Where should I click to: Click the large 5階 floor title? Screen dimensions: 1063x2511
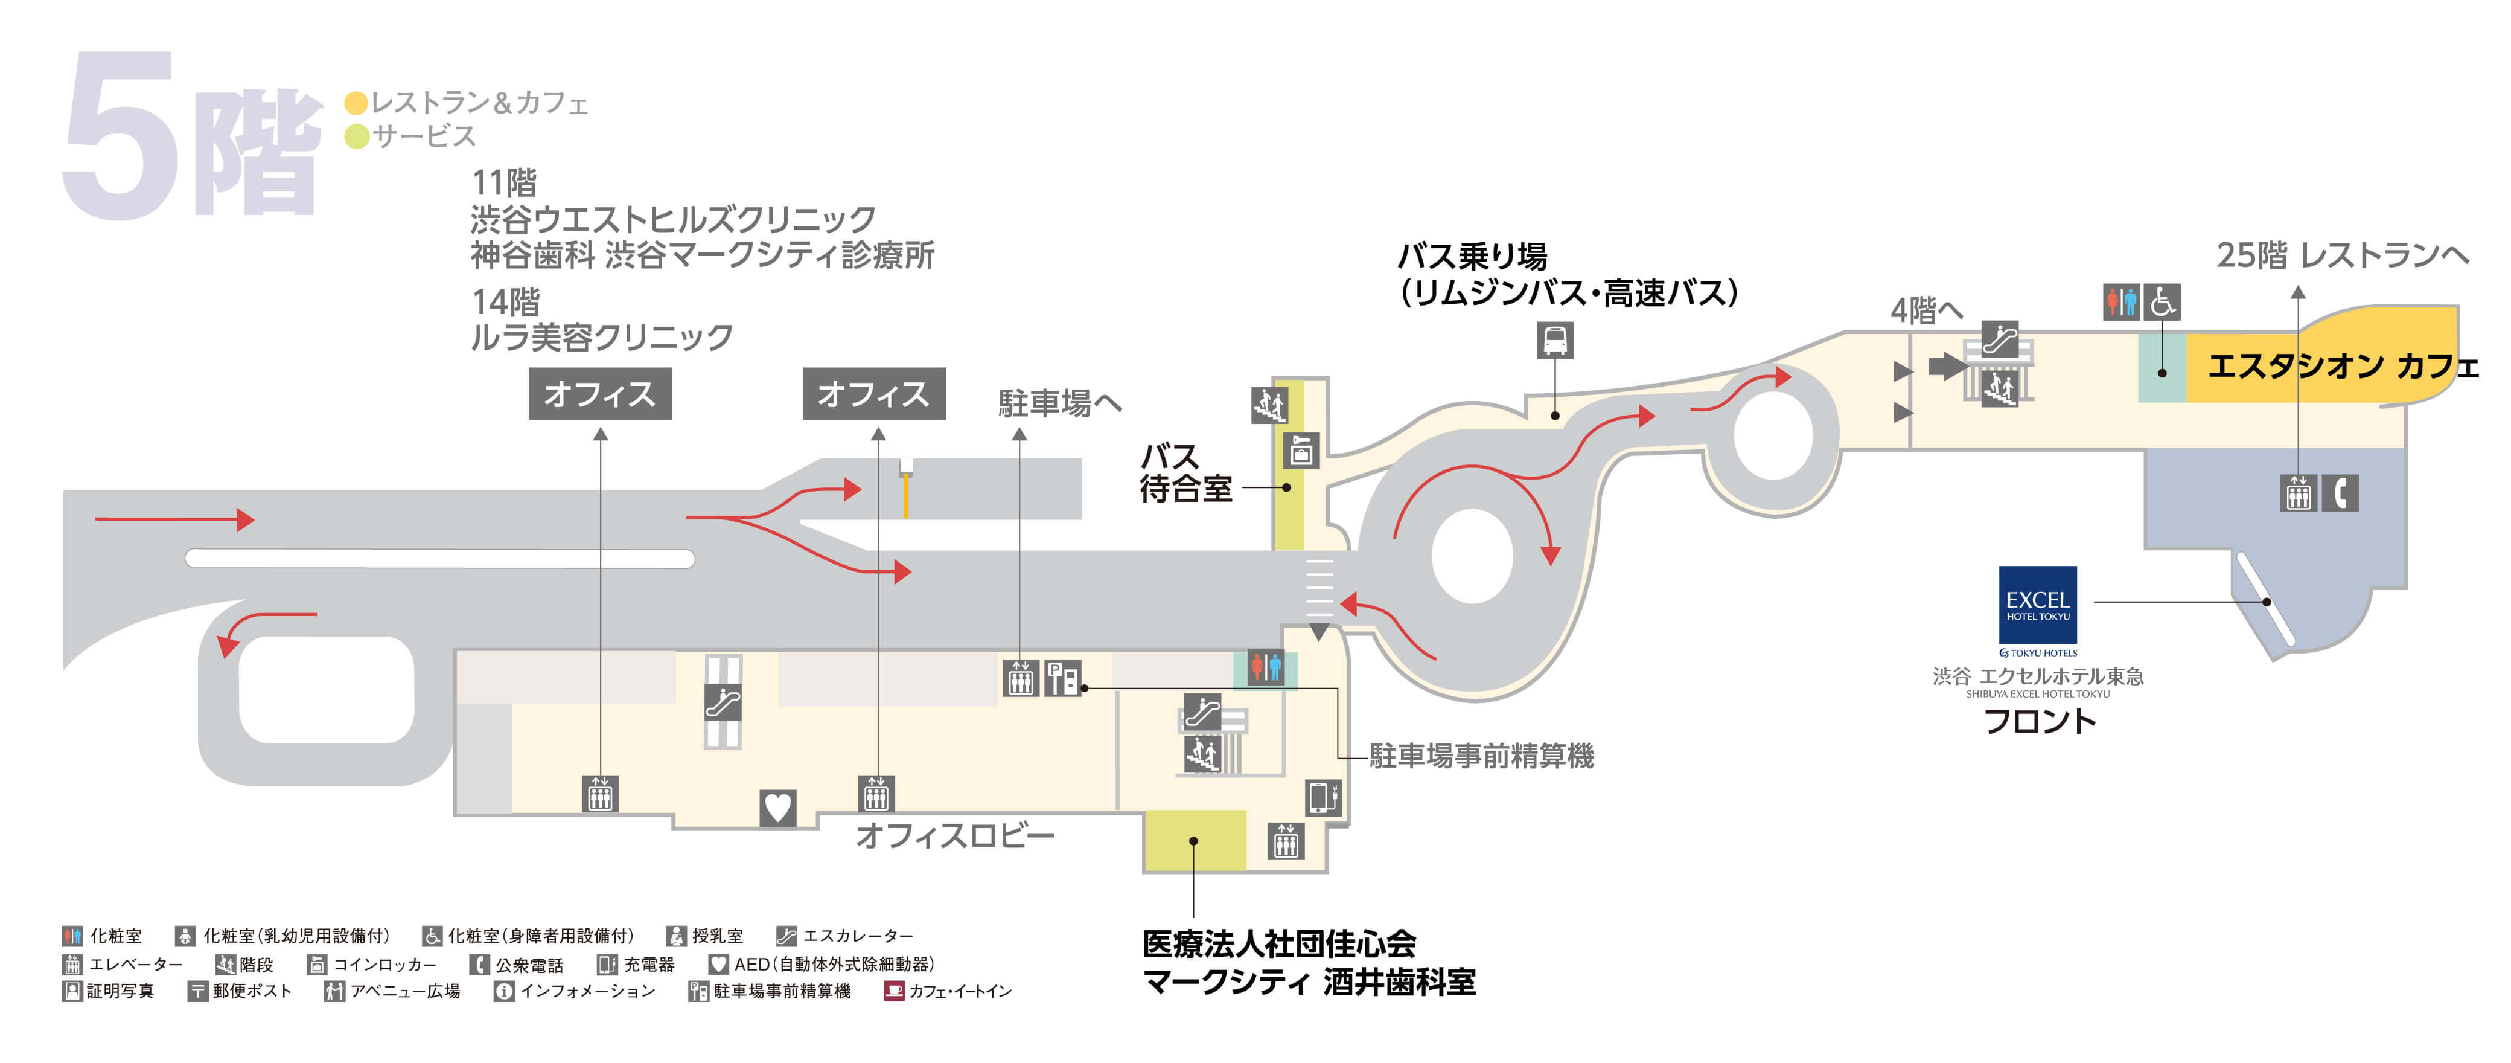pyautogui.click(x=190, y=136)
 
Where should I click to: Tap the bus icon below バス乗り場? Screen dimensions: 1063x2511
pyautogui.click(x=1555, y=341)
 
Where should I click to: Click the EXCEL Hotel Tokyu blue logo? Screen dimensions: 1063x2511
pyautogui.click(x=2037, y=605)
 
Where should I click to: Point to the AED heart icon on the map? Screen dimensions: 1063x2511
pyautogui.click(x=777, y=808)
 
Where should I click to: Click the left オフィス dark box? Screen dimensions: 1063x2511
pyautogui.click(x=599, y=394)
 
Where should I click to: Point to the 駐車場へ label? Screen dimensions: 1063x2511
pyautogui.click(x=1059, y=403)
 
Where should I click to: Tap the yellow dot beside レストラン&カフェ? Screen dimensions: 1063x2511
pyautogui.click(x=356, y=103)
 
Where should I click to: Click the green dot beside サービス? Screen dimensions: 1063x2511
pyautogui.click(x=356, y=136)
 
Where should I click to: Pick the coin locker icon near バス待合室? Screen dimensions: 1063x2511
pyautogui.click(x=1300, y=451)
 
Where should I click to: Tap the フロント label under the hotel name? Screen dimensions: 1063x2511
pyautogui.click(x=2039, y=722)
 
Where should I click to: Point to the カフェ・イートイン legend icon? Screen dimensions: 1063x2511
pyautogui.click(x=893, y=991)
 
